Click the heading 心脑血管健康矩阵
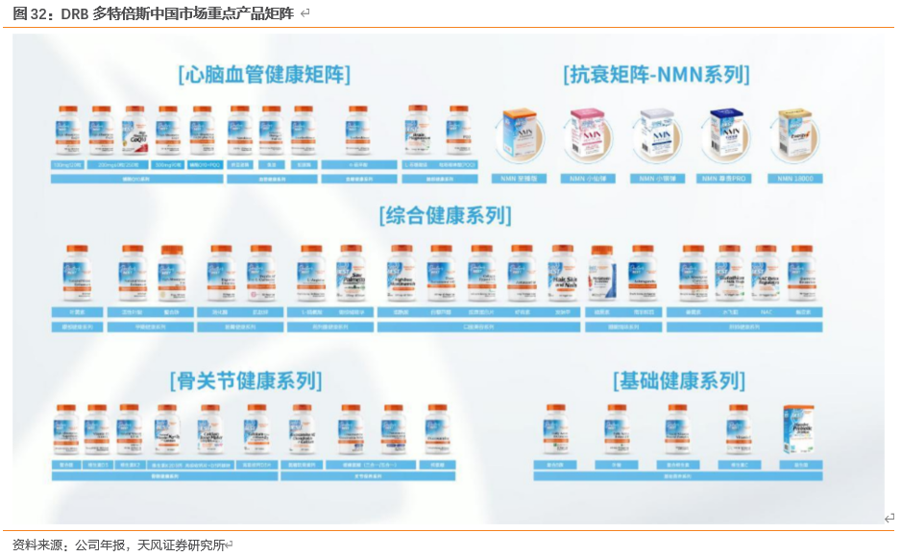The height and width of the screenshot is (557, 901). [264, 74]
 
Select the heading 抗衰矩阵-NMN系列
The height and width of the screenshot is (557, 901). [656, 74]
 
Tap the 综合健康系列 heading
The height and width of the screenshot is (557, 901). [444, 214]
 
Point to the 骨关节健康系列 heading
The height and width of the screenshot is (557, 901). [245, 380]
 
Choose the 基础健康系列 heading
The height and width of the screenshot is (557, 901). [678, 380]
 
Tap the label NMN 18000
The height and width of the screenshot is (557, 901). [795, 179]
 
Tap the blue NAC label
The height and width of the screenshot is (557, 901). [766, 312]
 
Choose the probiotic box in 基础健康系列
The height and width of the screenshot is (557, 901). [799, 430]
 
